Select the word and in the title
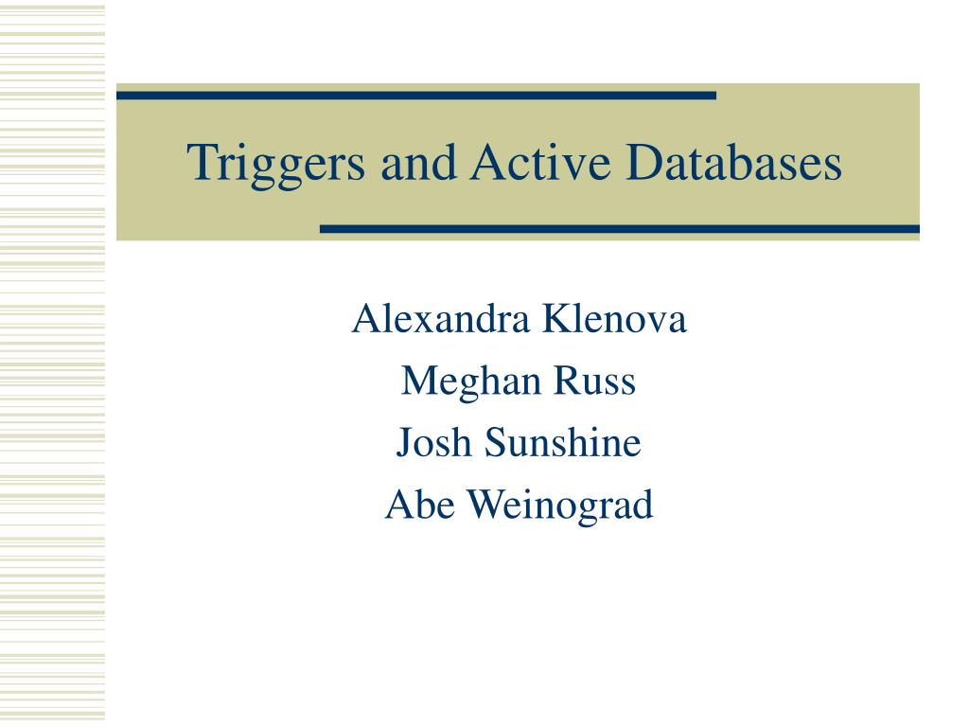pyautogui.click(x=418, y=161)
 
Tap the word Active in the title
pyautogui.click(x=540, y=161)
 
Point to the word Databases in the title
pyautogui.click(x=733, y=161)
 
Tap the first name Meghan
pyautogui.click(x=470, y=382)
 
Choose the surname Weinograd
pyautogui.click(x=559, y=506)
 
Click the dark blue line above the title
pyautogui.click(x=416, y=96)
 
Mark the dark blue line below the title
pyautogui.click(x=619, y=229)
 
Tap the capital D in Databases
pyautogui.click(x=643, y=161)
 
